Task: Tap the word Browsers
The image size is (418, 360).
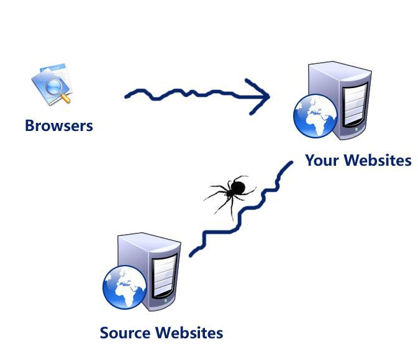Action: click(x=59, y=126)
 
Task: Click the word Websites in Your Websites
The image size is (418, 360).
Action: click(x=378, y=161)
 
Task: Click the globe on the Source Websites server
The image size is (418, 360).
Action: click(x=124, y=287)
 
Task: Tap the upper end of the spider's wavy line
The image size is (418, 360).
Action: click(x=291, y=163)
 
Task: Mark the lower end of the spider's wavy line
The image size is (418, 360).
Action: click(x=191, y=254)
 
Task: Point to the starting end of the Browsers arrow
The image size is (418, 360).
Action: click(x=127, y=96)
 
